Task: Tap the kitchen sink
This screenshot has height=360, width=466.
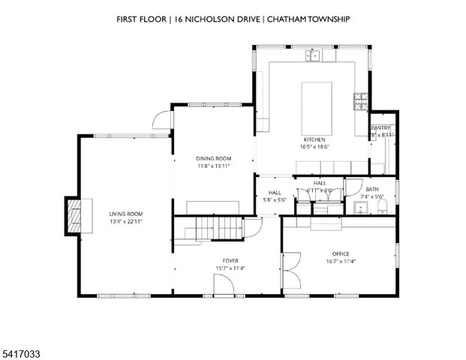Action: [313, 55]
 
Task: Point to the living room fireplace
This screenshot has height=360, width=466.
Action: [74, 217]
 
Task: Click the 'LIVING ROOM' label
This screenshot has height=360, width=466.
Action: [125, 214]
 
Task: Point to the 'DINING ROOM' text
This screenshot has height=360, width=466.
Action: [213, 158]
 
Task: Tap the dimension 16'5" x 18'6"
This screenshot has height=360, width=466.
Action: [314, 148]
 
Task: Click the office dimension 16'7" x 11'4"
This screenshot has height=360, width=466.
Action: [341, 262]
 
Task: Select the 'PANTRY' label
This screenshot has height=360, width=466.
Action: [380, 128]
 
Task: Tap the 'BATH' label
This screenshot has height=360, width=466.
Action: [373, 189]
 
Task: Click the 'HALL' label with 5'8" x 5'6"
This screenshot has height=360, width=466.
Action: [275, 192]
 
